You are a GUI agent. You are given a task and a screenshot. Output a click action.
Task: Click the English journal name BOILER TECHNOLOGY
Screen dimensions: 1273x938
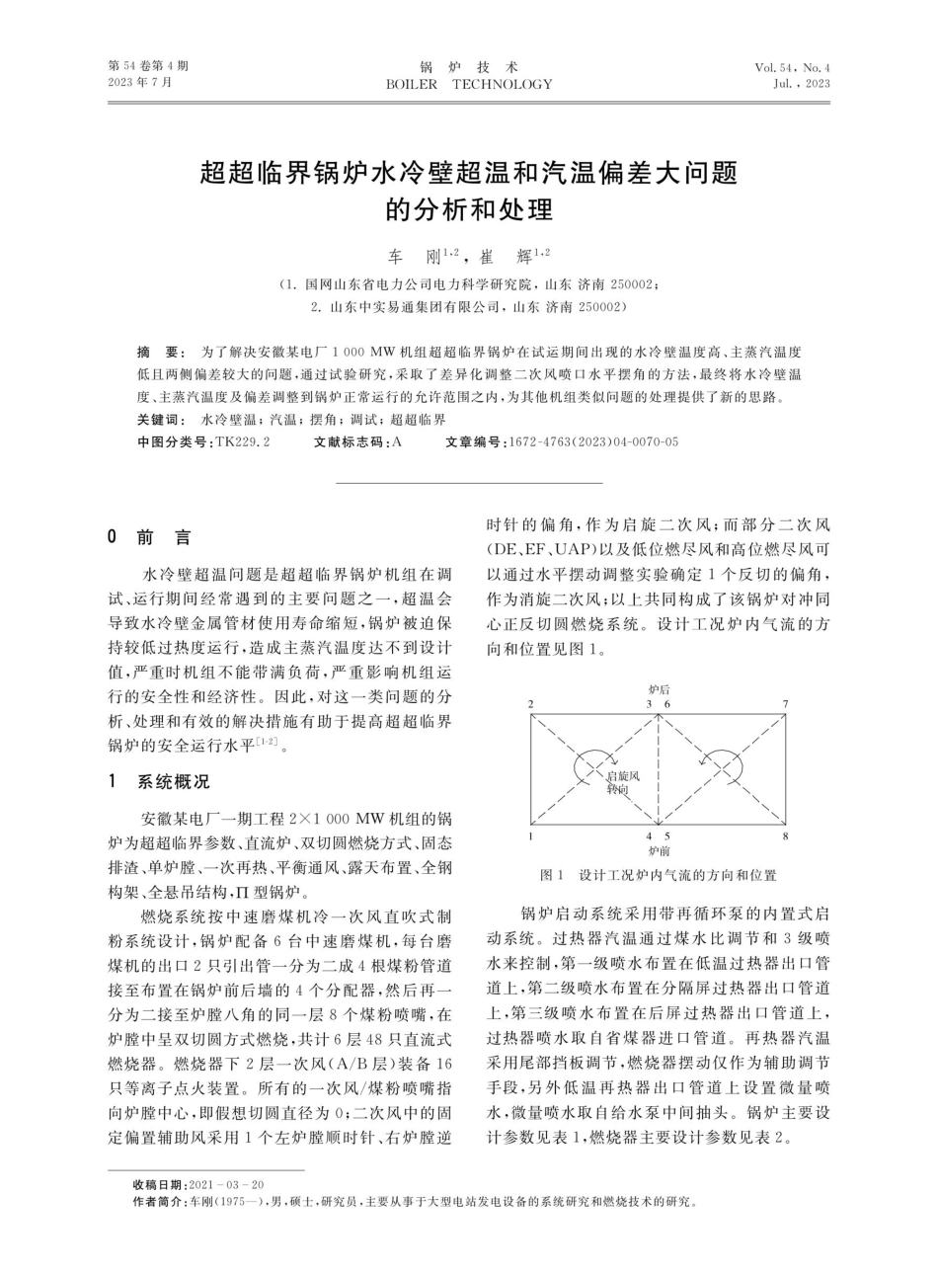(469, 85)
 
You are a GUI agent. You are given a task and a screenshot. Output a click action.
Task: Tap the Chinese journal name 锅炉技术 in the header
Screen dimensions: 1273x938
(469, 67)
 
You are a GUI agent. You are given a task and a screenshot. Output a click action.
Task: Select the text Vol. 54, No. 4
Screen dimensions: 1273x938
(792, 67)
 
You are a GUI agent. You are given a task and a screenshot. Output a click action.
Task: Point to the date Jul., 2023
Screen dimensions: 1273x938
(802, 85)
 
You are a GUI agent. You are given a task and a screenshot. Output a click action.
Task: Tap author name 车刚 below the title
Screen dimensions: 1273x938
(413, 258)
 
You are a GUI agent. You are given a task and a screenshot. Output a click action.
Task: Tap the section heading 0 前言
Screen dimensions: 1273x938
(150, 537)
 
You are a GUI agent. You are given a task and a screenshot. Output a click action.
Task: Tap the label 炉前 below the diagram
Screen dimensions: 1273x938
(659, 848)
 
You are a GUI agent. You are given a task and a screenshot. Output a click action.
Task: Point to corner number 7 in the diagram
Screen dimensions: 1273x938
(786, 703)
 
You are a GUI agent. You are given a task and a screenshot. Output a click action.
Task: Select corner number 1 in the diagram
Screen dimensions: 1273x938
(531, 835)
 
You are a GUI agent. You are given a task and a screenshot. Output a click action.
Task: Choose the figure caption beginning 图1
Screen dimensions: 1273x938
(659, 875)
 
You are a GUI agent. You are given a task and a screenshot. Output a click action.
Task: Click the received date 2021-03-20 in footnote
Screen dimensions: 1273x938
(225, 1184)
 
